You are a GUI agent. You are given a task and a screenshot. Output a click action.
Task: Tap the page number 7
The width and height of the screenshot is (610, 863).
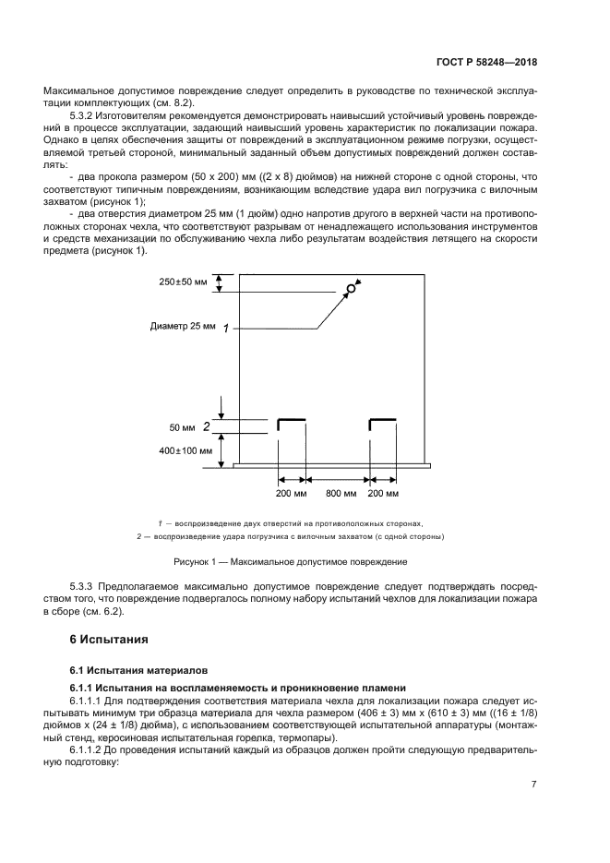point(533,783)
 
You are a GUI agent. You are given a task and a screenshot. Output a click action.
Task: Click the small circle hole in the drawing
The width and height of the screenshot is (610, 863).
point(351,289)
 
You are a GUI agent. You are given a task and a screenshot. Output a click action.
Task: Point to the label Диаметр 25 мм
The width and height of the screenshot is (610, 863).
point(181,327)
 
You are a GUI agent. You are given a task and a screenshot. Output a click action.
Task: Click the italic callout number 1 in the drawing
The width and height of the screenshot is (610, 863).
point(225,328)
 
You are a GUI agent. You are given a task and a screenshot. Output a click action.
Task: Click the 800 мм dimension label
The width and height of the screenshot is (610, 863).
point(339,495)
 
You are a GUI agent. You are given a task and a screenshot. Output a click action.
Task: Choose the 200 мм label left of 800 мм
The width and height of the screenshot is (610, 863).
point(292,495)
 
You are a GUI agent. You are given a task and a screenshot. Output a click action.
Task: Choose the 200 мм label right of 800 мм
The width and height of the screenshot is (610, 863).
point(383,495)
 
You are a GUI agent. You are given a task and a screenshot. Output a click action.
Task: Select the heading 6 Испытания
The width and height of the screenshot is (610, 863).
point(109,639)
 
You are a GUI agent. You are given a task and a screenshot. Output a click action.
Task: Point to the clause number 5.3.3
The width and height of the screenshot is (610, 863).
point(84,586)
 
